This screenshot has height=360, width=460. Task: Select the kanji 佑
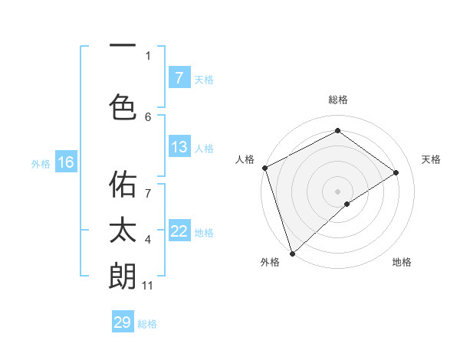[123, 184]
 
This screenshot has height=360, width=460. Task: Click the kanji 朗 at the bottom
[123, 276]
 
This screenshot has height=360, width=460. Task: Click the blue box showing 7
[179, 77]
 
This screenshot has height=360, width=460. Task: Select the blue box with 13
[179, 147]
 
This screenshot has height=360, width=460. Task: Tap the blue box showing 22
[179, 231]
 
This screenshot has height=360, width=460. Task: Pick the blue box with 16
[65, 162]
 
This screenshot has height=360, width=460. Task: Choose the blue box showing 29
[123, 322]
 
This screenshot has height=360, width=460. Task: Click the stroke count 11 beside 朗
[147, 286]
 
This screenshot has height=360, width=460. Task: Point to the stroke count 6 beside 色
[148, 116]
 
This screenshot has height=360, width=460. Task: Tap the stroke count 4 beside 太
[148, 240]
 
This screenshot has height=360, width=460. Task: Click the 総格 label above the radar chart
[337, 100]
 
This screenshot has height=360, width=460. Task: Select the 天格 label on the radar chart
[431, 159]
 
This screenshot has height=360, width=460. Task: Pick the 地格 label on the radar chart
[402, 262]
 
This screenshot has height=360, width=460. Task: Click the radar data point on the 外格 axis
[291, 253]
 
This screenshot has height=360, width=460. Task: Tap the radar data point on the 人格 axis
[264, 168]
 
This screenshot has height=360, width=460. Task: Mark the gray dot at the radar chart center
[337, 191]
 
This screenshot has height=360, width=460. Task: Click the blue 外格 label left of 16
[40, 163]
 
